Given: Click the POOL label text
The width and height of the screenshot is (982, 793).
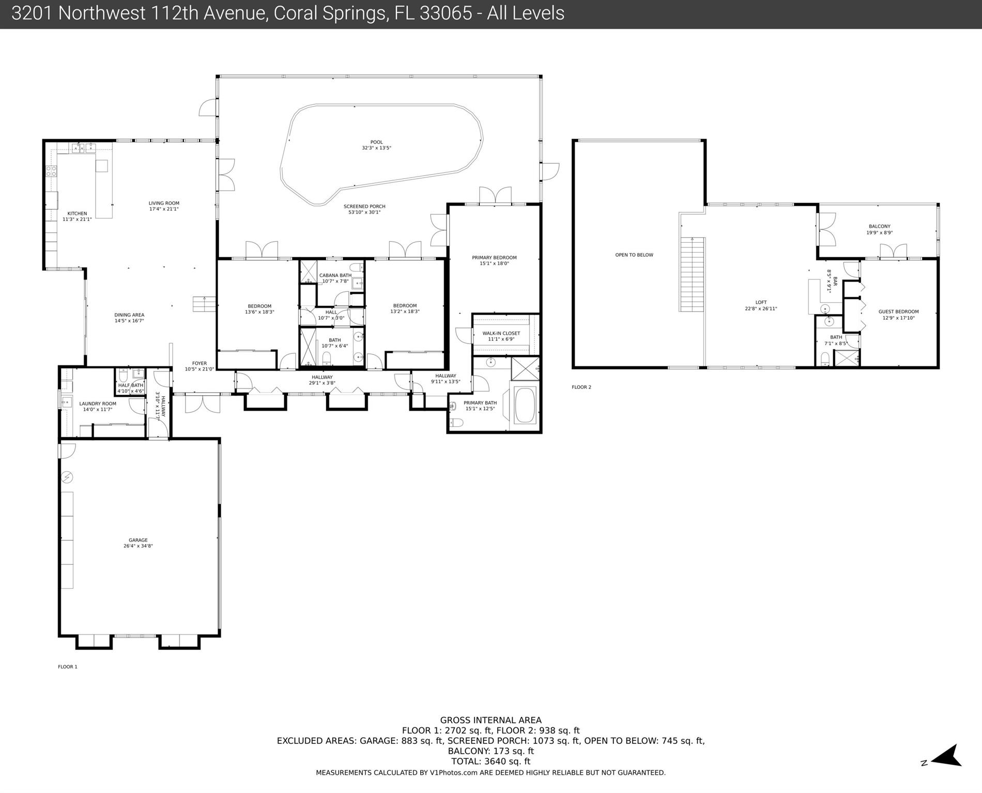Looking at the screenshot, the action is tap(376, 142).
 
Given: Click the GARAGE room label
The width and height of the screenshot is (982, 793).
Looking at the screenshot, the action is tap(138, 540).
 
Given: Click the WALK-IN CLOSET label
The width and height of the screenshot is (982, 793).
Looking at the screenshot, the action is tap(501, 333).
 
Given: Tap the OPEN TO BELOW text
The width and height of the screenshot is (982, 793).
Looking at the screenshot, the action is tap(634, 255).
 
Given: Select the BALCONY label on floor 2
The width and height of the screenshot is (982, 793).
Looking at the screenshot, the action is tap(879, 226).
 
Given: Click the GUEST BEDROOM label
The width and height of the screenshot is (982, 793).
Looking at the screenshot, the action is tap(899, 312).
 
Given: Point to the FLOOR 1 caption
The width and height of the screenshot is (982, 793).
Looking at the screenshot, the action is tap(68, 666).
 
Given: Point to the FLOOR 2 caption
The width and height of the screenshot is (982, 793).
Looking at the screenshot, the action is tap(581, 387).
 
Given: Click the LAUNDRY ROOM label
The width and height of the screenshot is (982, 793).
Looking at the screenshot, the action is tap(98, 403).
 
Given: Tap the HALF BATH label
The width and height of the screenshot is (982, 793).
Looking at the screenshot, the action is tap(131, 385).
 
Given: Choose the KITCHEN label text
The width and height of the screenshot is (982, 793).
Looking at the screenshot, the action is tap(77, 213).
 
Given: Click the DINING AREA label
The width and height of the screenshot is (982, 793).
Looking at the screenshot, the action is tap(129, 315).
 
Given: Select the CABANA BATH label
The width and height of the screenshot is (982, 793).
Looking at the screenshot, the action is tap(335, 275).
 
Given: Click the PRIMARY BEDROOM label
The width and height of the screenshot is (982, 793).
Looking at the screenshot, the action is tap(494, 257).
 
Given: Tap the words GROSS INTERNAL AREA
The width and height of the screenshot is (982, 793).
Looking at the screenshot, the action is tap(490, 720).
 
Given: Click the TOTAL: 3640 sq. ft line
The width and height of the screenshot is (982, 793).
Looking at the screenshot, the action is tap(490, 761).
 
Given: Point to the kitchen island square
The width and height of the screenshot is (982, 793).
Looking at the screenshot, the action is tap(102, 165).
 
